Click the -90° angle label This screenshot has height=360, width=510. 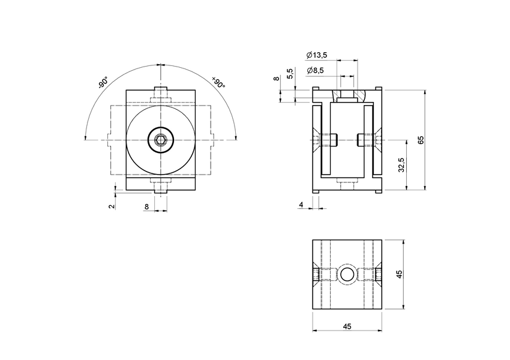coord(102,82)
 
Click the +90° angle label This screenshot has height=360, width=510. coord(218,82)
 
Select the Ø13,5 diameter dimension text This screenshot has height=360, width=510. coord(316,55)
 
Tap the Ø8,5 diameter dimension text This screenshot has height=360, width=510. coord(315,71)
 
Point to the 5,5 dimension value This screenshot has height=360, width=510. coord(290,74)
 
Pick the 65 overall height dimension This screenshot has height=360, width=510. coord(421,140)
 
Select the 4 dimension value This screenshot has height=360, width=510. coord(301,205)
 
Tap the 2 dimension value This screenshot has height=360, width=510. coord(112,206)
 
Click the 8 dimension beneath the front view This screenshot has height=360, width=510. coord(146,206)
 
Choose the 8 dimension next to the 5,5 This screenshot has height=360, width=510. coord(276,79)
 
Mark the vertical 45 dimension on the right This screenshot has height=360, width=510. coord(400,274)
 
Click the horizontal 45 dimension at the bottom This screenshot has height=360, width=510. coord(347,326)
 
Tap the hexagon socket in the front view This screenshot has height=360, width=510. coord(161,141)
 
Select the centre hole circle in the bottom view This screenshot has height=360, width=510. coord(347,275)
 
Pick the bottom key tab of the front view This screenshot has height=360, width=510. coord(161,188)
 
